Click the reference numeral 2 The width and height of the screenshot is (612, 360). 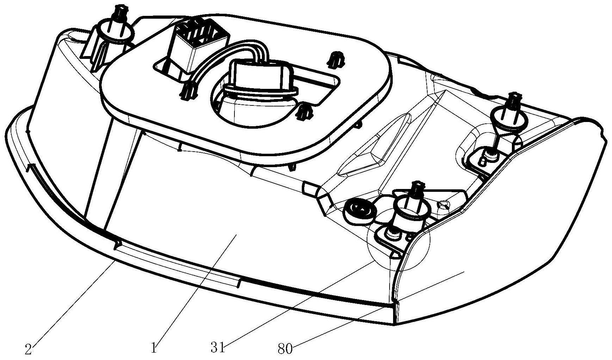[x=29, y=349]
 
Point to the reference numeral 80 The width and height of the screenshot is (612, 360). [x=285, y=349]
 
